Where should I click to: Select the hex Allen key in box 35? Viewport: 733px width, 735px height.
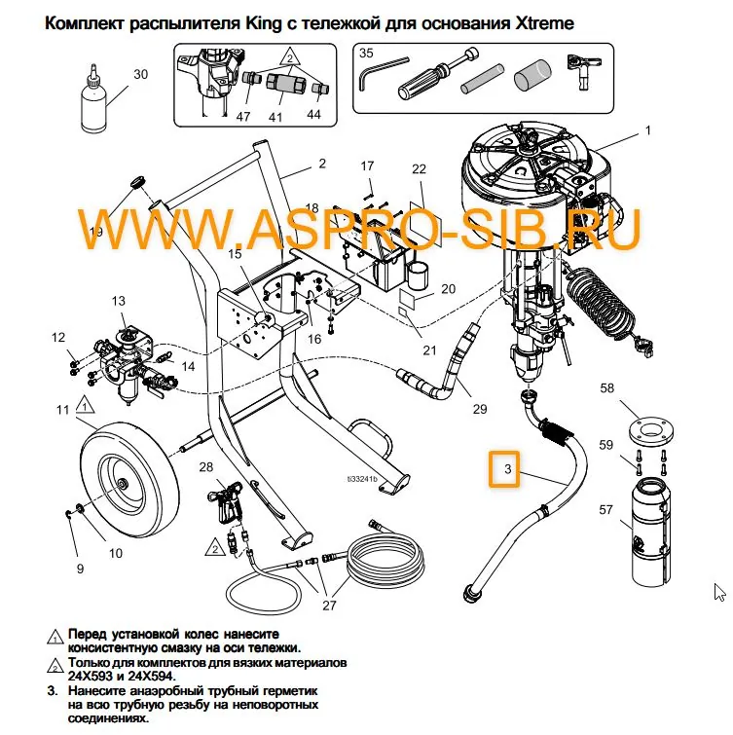[374, 75]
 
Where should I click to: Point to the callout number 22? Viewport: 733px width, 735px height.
[419, 168]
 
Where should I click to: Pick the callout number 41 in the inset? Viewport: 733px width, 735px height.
[275, 117]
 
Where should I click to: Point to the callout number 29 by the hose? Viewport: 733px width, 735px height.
[479, 409]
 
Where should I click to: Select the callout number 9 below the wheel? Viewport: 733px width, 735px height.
[80, 569]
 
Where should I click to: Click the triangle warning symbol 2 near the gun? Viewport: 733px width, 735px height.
[210, 549]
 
